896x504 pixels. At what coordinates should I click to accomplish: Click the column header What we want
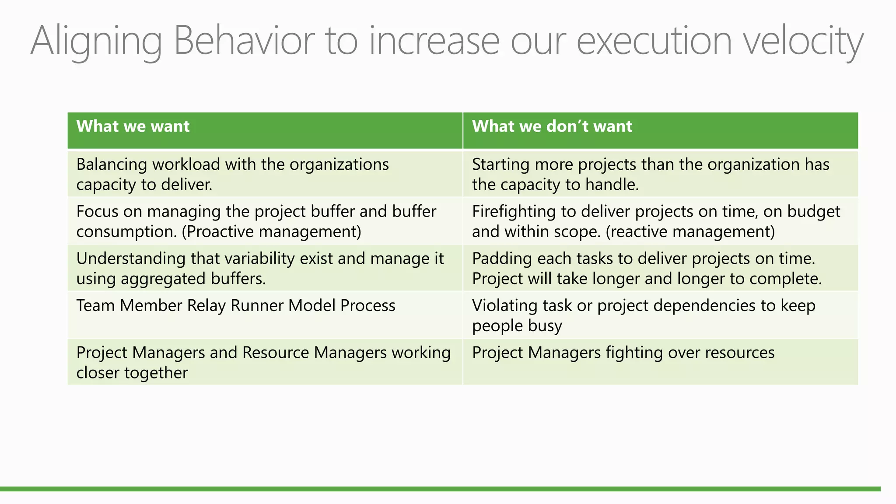point(133,126)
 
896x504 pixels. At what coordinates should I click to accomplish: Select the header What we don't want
point(552,126)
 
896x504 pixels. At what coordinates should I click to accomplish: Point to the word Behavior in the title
point(244,41)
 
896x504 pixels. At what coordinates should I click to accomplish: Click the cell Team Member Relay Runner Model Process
point(235,305)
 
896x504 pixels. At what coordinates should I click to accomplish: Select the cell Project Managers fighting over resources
point(623,353)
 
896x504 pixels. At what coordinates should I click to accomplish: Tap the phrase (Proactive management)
point(272,232)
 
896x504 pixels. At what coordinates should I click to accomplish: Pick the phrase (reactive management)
point(690,232)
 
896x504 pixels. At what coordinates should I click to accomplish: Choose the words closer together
point(132,373)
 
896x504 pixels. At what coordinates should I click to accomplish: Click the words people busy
point(517,326)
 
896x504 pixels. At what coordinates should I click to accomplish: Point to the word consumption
point(126,232)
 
